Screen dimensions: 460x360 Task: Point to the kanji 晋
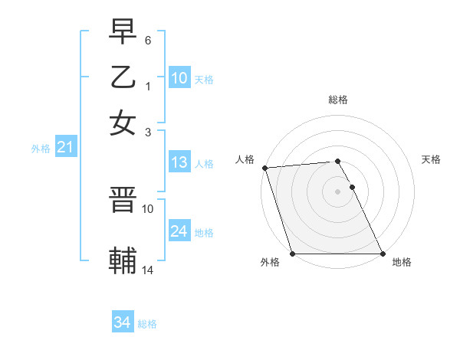pyautogui.click(x=123, y=201)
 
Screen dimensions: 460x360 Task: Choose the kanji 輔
pyautogui.click(x=123, y=261)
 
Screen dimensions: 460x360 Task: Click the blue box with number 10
pyautogui.click(x=179, y=78)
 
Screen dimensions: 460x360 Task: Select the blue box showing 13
pyautogui.click(x=179, y=162)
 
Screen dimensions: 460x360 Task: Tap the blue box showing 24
pyautogui.click(x=179, y=231)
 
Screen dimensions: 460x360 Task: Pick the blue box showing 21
pyautogui.click(x=65, y=148)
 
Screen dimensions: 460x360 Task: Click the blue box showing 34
pyautogui.click(x=122, y=323)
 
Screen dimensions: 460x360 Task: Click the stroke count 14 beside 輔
pyautogui.click(x=148, y=270)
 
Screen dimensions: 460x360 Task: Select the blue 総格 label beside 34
pyautogui.click(x=147, y=324)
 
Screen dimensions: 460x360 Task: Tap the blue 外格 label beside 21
pyautogui.click(x=41, y=149)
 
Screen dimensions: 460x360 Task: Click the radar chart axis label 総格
pyautogui.click(x=338, y=100)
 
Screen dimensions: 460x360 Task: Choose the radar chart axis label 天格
pyautogui.click(x=431, y=159)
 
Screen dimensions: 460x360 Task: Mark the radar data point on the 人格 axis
pyautogui.click(x=264, y=168)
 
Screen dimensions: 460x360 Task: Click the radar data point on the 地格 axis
pyautogui.click(x=383, y=254)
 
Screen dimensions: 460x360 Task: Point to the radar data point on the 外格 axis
pyautogui.click(x=293, y=254)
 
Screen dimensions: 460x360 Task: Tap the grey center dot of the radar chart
pyautogui.click(x=338, y=191)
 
